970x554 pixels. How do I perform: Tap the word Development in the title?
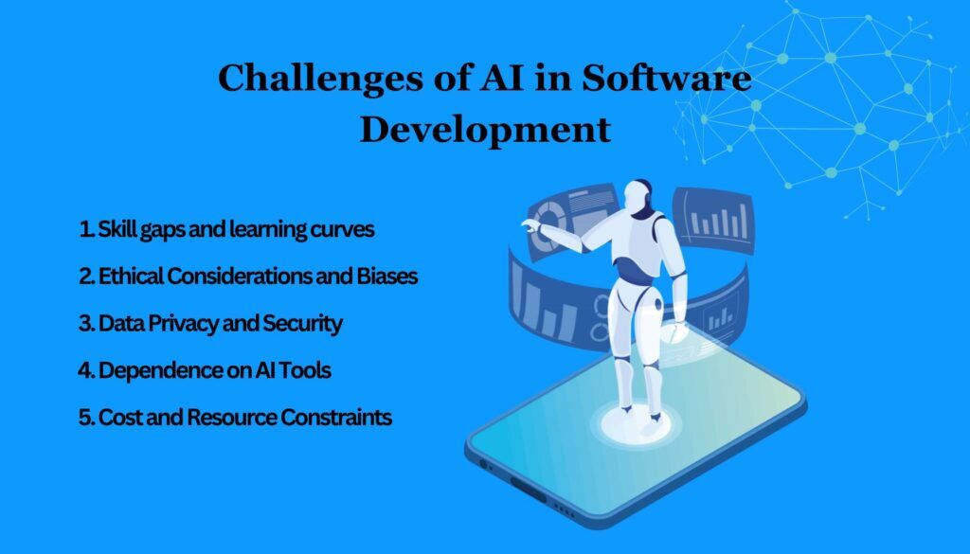coord(485,129)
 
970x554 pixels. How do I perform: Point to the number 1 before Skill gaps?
coord(85,230)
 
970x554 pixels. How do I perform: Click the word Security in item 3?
coord(306,323)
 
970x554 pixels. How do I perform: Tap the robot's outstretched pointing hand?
coord(531,224)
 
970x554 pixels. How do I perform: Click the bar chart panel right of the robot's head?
coord(712,222)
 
